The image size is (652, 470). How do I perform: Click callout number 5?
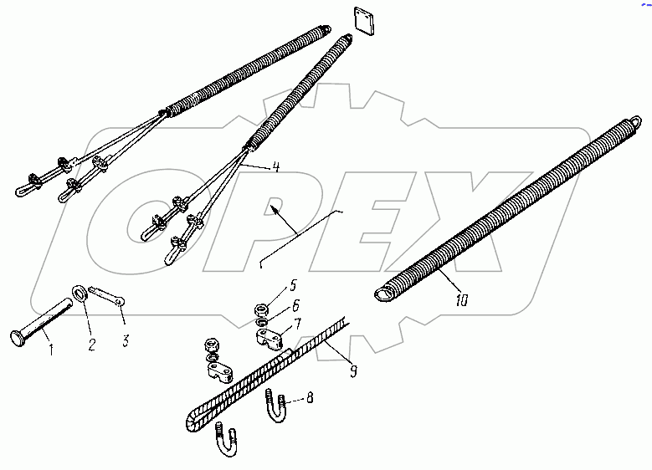tap(293, 284)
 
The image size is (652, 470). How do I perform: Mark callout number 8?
tap(311, 399)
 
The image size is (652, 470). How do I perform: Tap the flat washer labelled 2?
tap(81, 292)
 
